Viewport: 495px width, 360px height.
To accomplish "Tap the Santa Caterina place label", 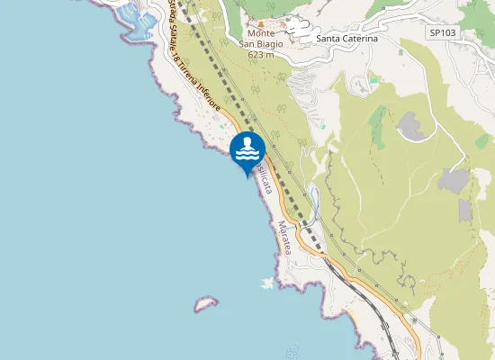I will pyautogui.click(x=346, y=40).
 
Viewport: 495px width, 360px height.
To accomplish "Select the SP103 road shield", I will pyautogui.click(x=442, y=32).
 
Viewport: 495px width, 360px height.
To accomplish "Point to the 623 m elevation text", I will pyautogui.click(x=262, y=54).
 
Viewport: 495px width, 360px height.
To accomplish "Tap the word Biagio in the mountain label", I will pyautogui.click(x=273, y=44).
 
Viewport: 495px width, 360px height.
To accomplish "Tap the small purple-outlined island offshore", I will pyautogui.click(x=206, y=304).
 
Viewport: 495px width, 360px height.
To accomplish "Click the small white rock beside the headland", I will pyautogui.click(x=266, y=284).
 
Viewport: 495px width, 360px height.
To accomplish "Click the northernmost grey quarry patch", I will pyautogui.click(x=412, y=125).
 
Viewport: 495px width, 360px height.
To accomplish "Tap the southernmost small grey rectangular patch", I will pyautogui.click(x=464, y=211).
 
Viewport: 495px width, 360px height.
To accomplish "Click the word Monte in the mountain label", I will pyautogui.click(x=262, y=34).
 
